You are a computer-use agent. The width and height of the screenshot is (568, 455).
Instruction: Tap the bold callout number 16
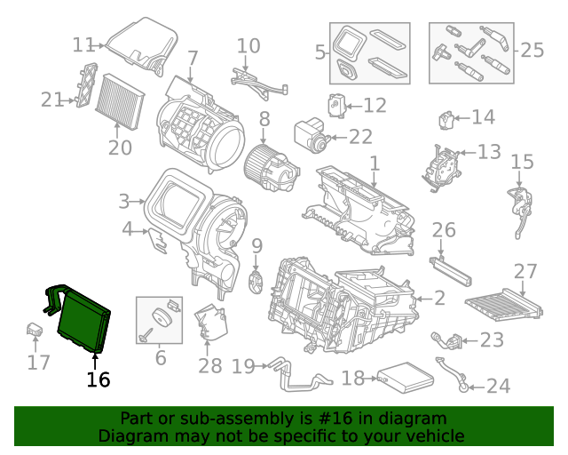98,379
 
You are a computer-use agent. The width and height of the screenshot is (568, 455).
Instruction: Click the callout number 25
532,50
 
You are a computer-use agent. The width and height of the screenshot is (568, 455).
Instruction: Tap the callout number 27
526,271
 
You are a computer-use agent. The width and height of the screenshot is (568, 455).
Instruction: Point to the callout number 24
499,386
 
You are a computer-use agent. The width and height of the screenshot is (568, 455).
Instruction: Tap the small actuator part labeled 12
338,104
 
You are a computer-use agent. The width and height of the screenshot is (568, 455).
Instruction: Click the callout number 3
124,201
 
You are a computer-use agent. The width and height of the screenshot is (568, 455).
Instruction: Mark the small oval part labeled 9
257,282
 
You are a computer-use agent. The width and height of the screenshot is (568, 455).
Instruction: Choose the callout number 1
375,164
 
